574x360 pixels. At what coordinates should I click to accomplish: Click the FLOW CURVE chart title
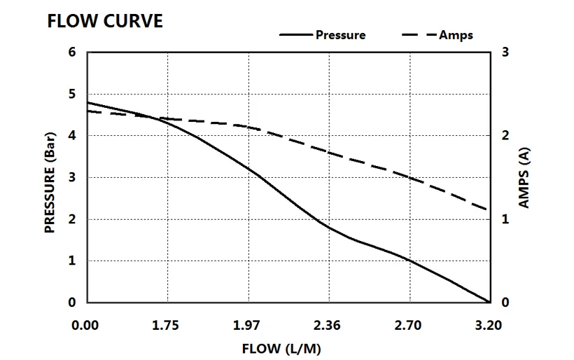(105, 21)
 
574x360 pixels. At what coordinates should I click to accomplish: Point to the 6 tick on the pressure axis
(72, 53)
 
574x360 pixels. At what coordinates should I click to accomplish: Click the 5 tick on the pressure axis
(72, 94)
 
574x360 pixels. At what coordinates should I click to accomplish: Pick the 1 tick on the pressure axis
(72, 261)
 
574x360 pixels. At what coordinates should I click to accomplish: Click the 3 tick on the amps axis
(504, 53)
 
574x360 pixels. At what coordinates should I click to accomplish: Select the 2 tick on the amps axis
(504, 135)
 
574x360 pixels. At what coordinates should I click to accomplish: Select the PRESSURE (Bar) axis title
(50, 178)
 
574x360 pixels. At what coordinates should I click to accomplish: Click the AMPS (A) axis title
(524, 178)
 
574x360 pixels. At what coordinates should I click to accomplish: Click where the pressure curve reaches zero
(488, 302)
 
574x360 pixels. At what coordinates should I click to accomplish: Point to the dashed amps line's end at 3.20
(487, 209)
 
